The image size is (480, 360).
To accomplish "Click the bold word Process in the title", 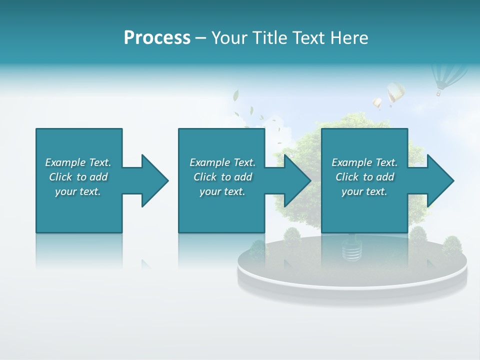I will [x=157, y=38].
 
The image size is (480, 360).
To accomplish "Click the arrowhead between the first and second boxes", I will [x=153, y=180].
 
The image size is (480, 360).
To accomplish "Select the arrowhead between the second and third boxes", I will [x=296, y=180].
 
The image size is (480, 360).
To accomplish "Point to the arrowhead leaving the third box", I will [x=439, y=180].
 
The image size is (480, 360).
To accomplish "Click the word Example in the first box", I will [x=65, y=162].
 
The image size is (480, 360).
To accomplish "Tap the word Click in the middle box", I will [x=205, y=177].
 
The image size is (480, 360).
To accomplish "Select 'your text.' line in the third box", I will [x=364, y=191].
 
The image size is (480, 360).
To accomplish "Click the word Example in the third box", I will [x=352, y=162].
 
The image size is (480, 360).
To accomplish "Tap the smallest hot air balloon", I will [x=377, y=103].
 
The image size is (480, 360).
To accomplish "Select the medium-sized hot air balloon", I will [x=395, y=93].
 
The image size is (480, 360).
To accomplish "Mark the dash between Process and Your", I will [x=200, y=38].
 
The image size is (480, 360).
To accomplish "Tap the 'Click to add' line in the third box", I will [x=364, y=177].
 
